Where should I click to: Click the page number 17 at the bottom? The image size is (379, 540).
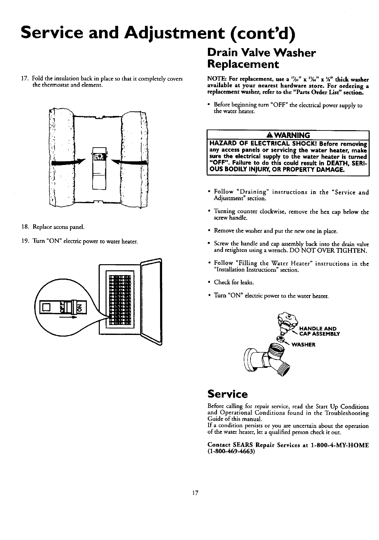pyautogui.click(x=195, y=493)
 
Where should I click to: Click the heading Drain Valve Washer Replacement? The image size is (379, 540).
pyautogui.click(x=261, y=58)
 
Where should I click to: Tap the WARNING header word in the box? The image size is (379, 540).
pyautogui.click(x=293, y=135)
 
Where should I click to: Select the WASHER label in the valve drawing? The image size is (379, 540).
pyautogui.click(x=303, y=344)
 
